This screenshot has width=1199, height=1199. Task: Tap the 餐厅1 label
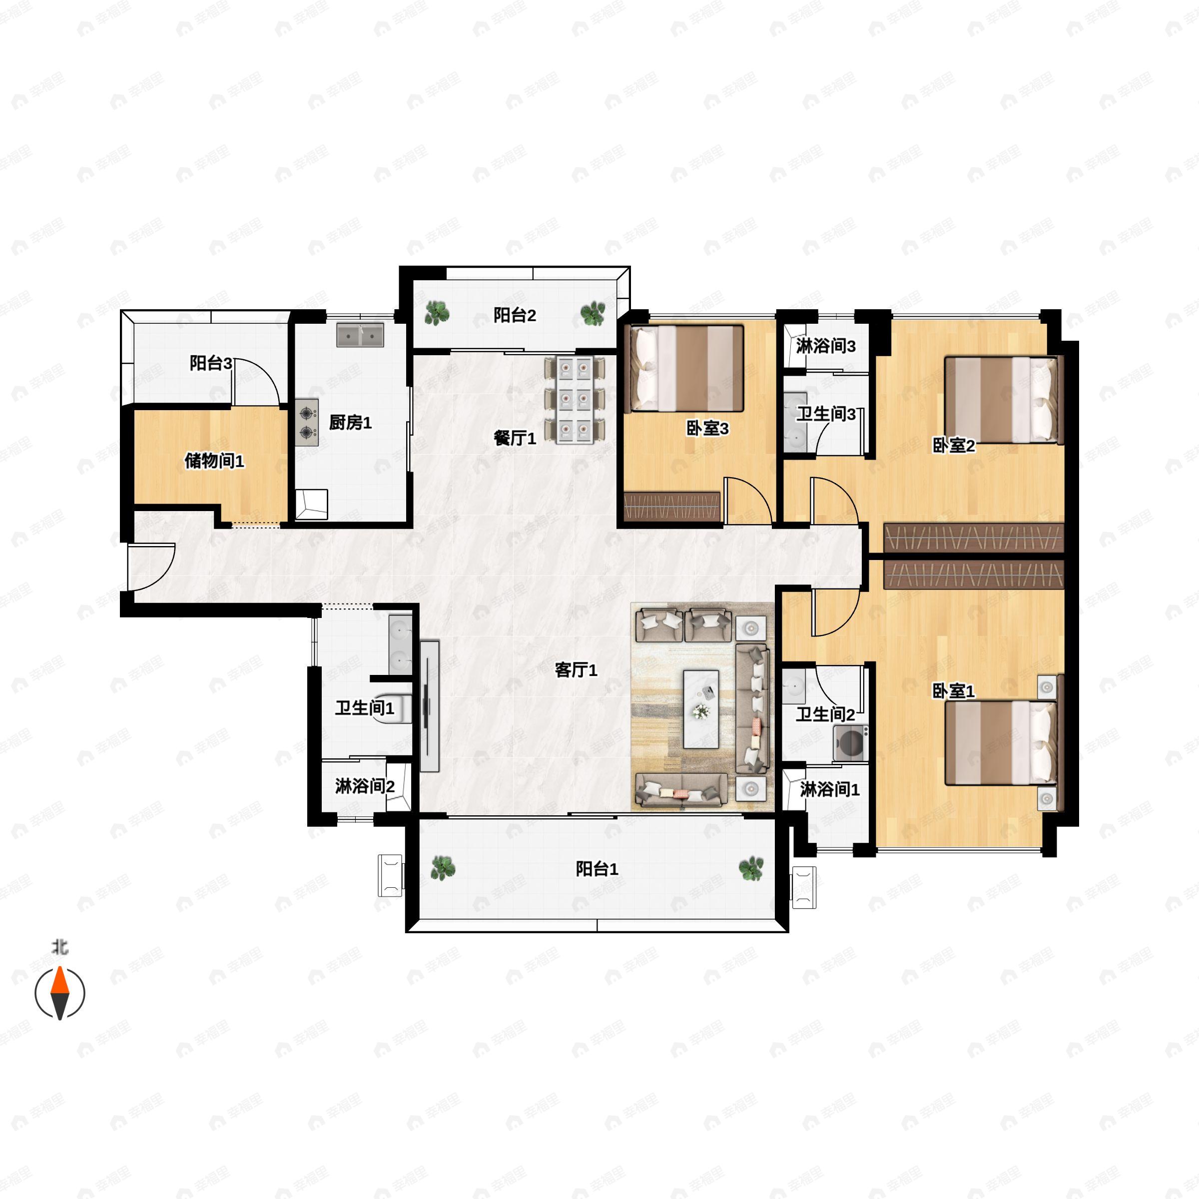point(515,438)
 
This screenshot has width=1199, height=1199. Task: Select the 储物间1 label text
point(214,461)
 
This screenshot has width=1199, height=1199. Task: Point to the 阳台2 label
point(515,315)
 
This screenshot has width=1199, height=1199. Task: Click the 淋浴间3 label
point(825,346)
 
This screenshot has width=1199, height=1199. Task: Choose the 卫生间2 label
point(825,714)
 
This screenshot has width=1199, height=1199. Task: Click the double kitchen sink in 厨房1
point(360,335)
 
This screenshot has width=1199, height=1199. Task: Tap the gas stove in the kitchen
point(307,422)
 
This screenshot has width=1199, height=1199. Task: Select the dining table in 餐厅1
point(574,400)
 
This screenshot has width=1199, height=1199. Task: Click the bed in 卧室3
point(686,369)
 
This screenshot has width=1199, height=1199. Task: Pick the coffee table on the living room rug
point(701,709)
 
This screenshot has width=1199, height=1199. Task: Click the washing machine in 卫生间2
point(850,743)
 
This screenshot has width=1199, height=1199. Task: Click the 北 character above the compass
point(59,948)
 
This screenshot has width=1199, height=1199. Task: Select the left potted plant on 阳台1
point(443,868)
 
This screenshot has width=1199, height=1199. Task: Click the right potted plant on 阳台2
point(593,313)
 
